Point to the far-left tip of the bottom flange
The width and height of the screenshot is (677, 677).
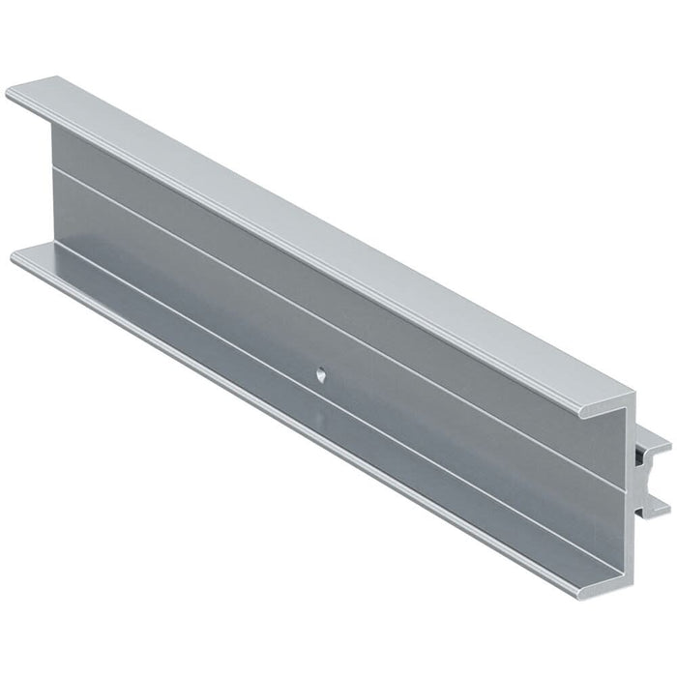pyautogui.click(x=15, y=256)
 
